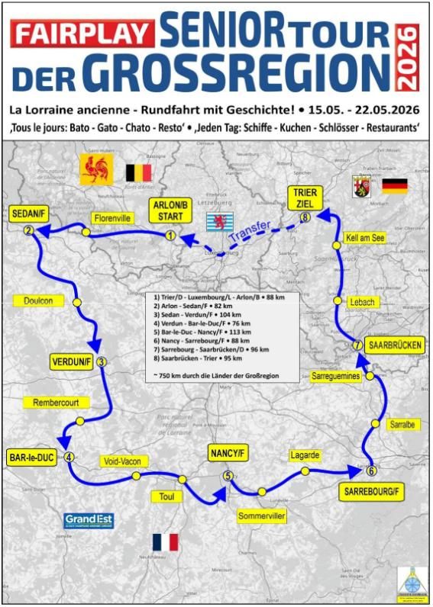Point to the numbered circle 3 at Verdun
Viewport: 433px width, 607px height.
click(x=102, y=362)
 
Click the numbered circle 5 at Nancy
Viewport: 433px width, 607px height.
click(x=228, y=477)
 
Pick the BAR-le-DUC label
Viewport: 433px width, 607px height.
click(x=31, y=458)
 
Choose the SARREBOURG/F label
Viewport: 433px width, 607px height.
click(x=370, y=491)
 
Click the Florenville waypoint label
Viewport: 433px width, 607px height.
click(x=112, y=218)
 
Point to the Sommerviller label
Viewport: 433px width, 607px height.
click(x=262, y=516)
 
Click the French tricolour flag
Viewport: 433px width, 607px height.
click(x=165, y=543)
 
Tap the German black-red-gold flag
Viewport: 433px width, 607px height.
click(x=395, y=186)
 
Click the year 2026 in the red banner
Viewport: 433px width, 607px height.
click(x=410, y=57)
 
